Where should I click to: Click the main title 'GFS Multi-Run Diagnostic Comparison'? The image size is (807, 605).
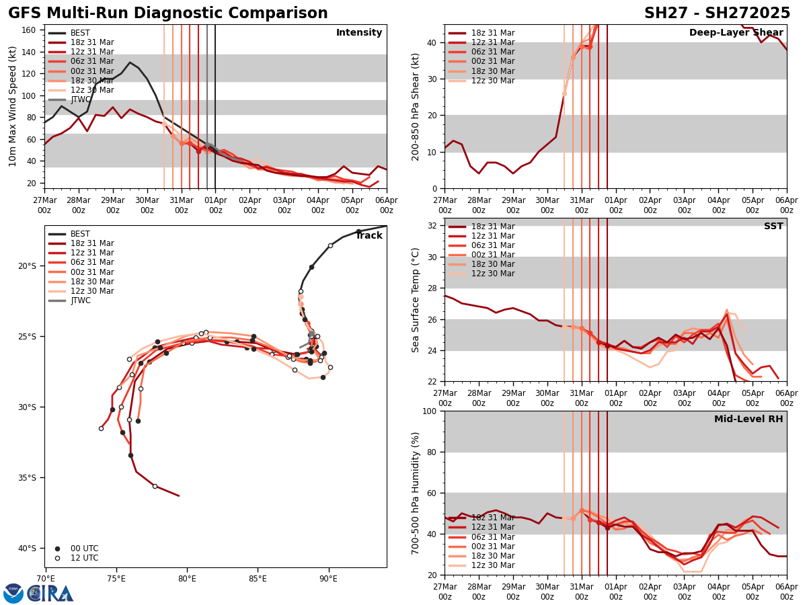point(168,13)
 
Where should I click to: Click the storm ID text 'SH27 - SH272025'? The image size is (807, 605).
point(717,13)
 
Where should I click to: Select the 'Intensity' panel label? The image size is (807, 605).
point(359,33)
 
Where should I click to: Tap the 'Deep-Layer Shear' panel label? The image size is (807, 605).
point(736,33)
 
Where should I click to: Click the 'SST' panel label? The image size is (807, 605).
point(773,227)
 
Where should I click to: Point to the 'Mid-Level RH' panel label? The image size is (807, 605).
point(748,419)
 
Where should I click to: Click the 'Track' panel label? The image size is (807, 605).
point(369,236)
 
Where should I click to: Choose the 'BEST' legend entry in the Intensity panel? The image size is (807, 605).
point(80,33)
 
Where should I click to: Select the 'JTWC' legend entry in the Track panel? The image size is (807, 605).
point(81,300)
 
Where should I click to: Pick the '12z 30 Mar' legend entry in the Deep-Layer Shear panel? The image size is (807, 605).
point(482,81)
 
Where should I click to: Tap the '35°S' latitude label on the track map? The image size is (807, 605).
point(27,478)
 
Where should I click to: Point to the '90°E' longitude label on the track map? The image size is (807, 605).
point(328,578)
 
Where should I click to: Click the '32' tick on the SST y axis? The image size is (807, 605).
point(434,226)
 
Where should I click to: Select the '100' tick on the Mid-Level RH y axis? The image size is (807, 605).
point(431,411)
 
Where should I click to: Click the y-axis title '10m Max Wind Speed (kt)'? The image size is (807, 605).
point(12,106)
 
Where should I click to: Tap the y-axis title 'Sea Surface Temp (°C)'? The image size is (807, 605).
point(416,300)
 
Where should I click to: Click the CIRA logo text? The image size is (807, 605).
point(51,593)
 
